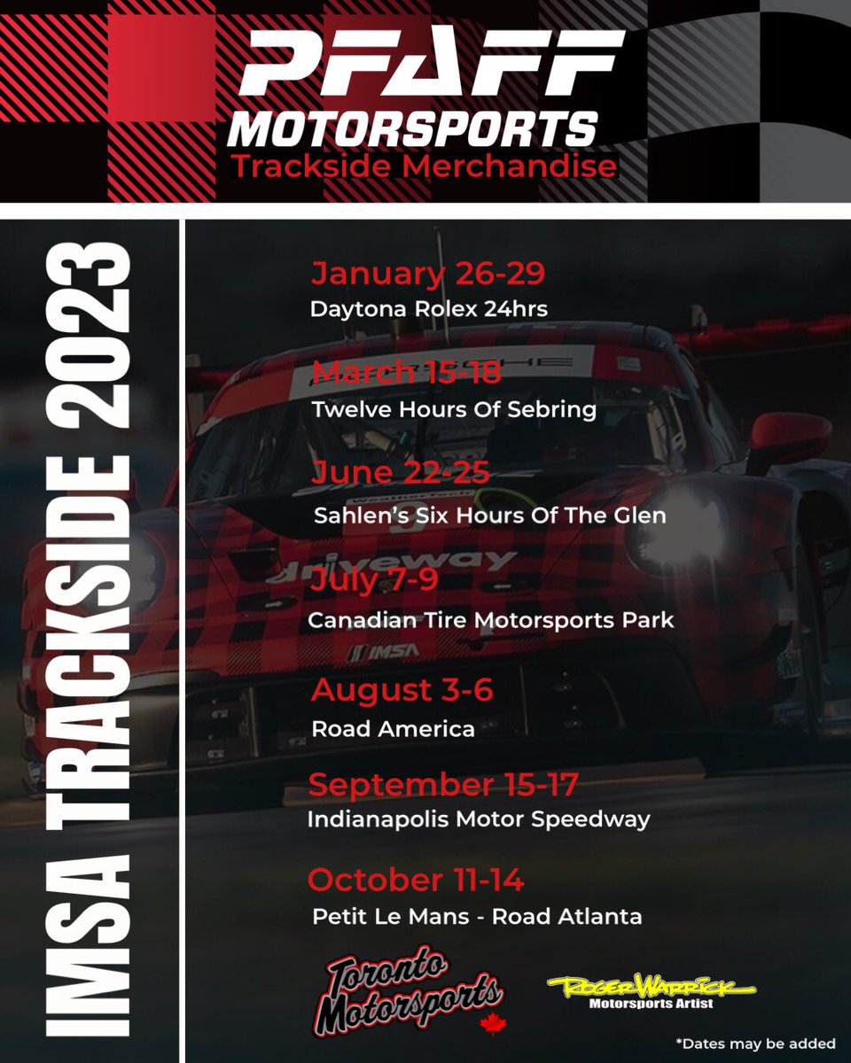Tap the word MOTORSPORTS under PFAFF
click(x=411, y=128)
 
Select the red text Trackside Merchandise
click(x=424, y=167)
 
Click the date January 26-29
click(x=427, y=275)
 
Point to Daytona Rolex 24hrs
click(x=429, y=310)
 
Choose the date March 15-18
click(x=406, y=374)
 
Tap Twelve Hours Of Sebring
click(x=454, y=410)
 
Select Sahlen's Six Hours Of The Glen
click(x=489, y=515)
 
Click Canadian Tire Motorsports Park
click(x=491, y=620)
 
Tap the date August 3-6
click(x=402, y=689)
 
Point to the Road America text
click(x=393, y=729)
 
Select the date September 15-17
click(x=442, y=785)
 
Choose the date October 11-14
click(x=416, y=881)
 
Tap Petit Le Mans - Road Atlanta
click(x=477, y=917)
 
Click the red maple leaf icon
click(x=489, y=1023)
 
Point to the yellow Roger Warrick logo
click(x=652, y=987)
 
